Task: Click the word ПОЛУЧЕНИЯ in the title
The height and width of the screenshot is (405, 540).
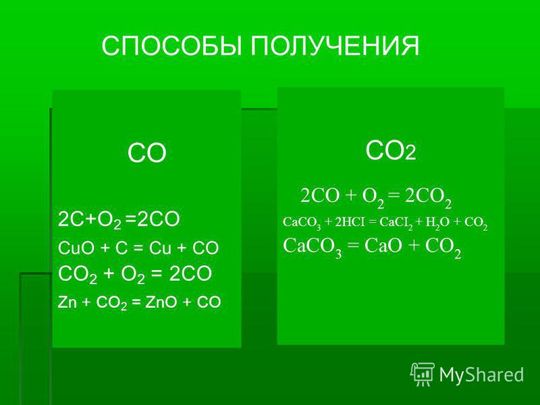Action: point(335,46)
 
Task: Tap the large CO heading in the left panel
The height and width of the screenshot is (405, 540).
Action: point(147,153)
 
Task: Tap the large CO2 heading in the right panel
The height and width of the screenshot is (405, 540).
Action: point(391,151)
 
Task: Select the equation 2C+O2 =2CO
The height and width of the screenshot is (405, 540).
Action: point(119,219)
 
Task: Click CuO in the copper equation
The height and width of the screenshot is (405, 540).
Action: point(76,248)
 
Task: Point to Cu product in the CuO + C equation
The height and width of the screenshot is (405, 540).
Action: point(160,248)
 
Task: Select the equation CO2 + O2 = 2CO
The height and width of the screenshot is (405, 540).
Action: point(134,275)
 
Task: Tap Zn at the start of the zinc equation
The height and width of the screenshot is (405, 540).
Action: point(67,302)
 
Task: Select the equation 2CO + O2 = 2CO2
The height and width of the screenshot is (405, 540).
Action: point(376,197)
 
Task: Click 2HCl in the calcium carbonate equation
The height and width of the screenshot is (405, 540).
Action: point(350,222)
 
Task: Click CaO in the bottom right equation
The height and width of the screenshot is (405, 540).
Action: point(383,246)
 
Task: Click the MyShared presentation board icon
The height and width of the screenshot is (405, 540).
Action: point(423,375)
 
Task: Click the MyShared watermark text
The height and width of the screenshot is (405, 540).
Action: point(481,375)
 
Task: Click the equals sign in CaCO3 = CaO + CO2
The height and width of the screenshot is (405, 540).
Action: point(353,246)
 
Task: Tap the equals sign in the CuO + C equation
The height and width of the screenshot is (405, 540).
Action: point(138,248)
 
